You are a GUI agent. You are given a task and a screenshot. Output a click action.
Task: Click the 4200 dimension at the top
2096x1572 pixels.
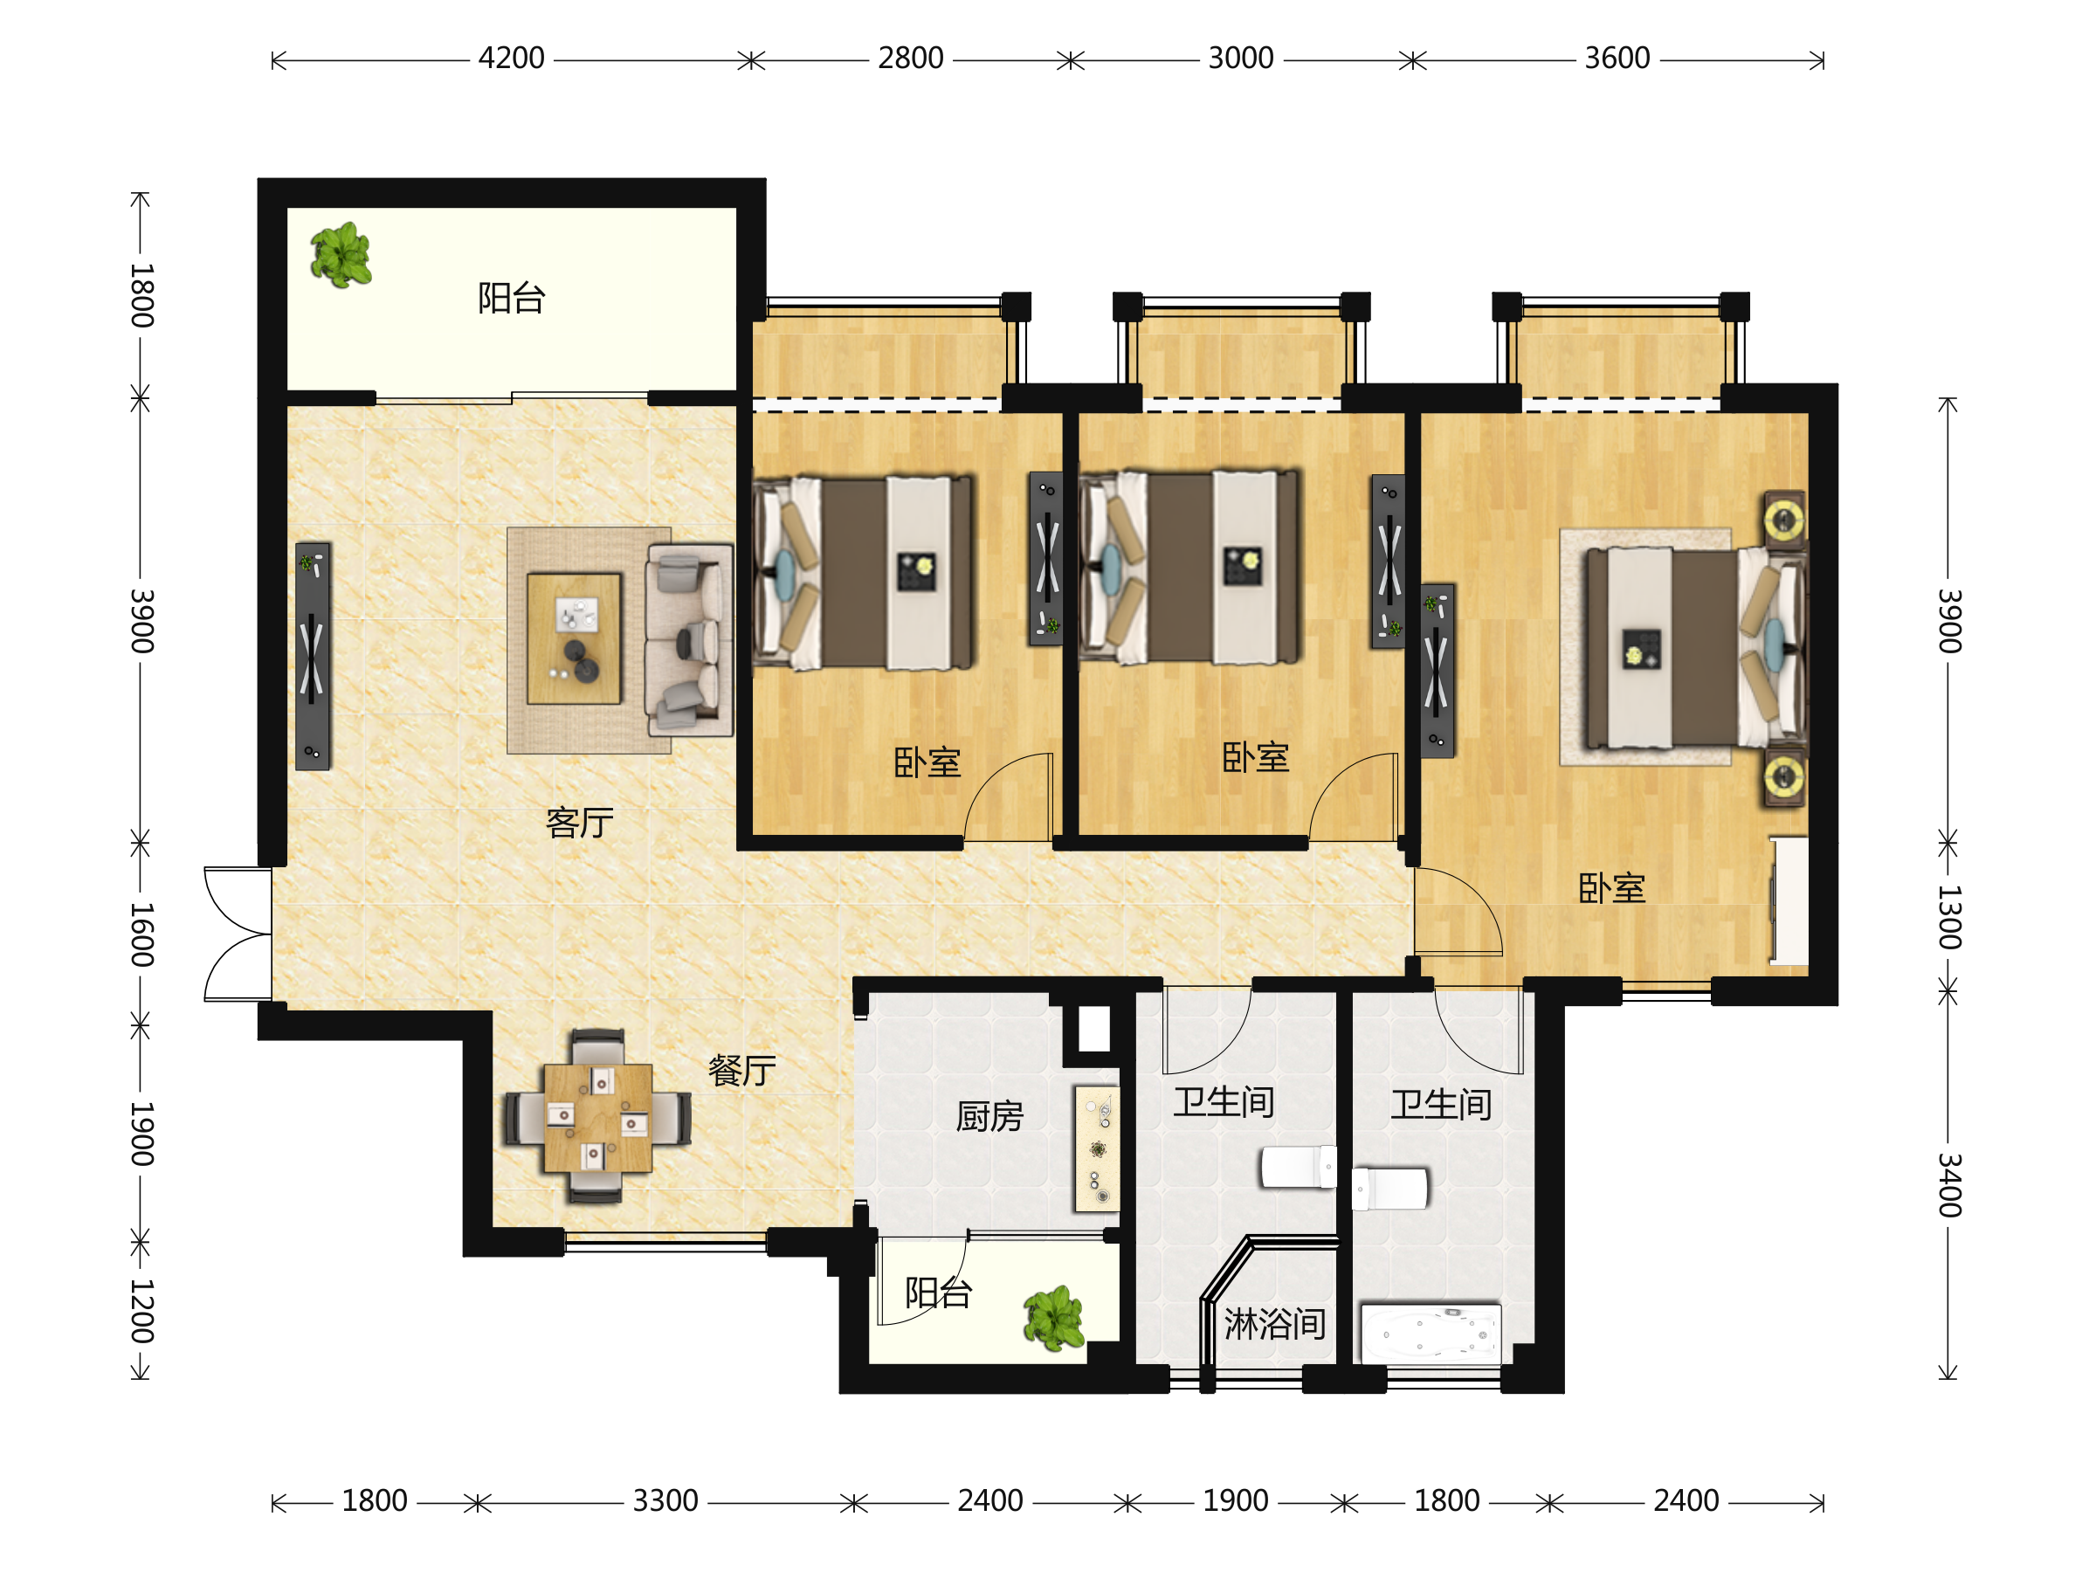[x=511, y=59]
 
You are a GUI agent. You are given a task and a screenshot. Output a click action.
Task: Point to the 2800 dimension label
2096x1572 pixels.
[x=910, y=59]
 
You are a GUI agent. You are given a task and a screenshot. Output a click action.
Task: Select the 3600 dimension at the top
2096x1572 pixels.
[x=1617, y=59]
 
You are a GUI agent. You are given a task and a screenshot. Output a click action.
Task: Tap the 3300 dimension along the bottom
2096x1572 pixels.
[x=665, y=1501]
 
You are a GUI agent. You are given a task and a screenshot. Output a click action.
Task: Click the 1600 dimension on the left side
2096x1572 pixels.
[x=141, y=934]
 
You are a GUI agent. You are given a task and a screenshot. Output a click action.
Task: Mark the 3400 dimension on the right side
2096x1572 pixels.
[x=1948, y=1184]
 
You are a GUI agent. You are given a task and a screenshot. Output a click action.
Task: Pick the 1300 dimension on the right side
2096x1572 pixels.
[x=1948, y=916]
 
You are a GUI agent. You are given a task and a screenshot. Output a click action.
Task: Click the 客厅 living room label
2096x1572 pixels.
[x=579, y=823]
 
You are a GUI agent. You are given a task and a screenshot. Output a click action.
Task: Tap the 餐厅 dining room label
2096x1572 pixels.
[x=742, y=1071]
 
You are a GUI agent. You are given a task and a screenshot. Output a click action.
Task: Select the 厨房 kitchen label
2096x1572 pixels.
[x=989, y=1116]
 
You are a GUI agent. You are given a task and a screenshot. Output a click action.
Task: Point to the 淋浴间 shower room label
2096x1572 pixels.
[x=1274, y=1324]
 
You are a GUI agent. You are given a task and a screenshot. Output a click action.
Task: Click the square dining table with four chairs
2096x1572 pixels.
[x=597, y=1117]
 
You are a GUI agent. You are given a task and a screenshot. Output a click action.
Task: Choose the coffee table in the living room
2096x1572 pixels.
[x=575, y=638]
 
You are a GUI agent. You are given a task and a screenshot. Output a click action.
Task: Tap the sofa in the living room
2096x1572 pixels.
[x=689, y=639]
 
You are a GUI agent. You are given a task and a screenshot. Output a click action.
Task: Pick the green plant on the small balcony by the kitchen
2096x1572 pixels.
[x=1054, y=1317]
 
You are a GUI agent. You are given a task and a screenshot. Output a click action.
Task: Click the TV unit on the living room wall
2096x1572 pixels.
[x=313, y=656]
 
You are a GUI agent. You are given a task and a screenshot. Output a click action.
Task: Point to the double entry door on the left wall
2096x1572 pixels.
[x=238, y=934]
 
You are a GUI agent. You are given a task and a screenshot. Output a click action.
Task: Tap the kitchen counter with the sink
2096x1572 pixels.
[x=1096, y=1148]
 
